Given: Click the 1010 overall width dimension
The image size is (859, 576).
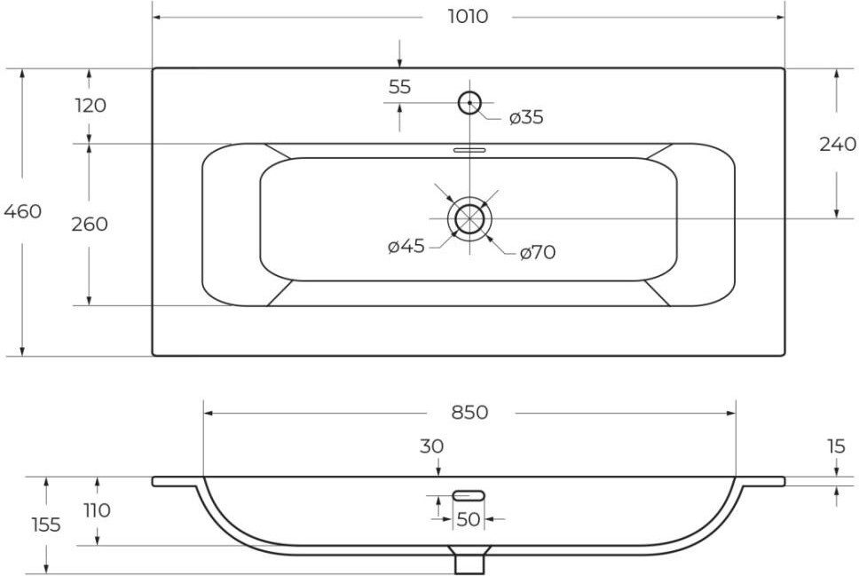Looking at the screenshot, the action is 468,17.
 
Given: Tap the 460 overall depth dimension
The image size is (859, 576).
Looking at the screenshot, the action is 22,211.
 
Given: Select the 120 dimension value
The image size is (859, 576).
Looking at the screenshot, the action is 91,105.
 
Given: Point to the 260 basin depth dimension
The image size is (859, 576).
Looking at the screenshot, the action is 90,225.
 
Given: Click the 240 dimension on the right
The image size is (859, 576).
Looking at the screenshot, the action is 837,144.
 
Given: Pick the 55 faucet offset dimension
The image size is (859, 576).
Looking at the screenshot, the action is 399,87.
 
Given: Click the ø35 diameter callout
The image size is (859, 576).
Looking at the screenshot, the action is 526,117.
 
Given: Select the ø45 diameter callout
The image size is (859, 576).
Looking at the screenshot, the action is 406,247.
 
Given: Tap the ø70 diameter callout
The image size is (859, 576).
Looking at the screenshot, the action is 538,253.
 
